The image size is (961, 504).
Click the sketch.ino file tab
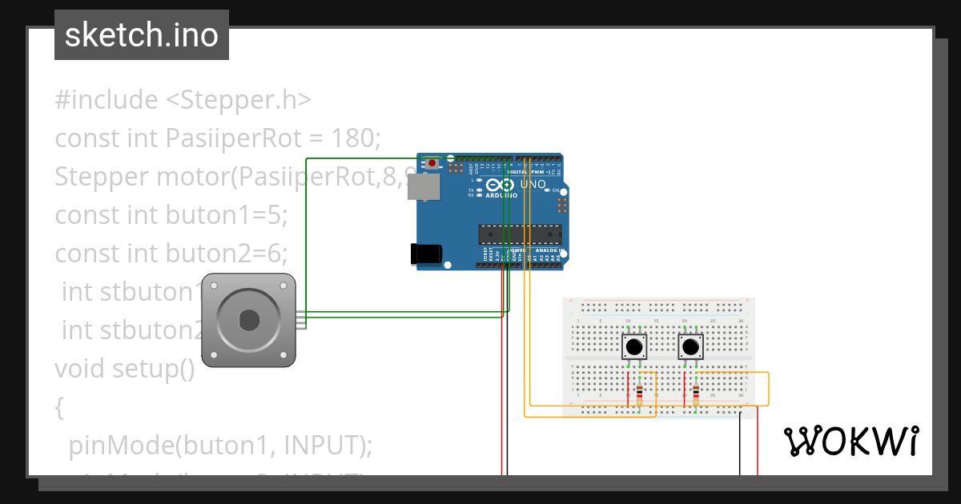click(x=142, y=35)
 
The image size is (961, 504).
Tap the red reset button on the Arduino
click(x=432, y=163)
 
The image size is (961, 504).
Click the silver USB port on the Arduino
click(x=428, y=187)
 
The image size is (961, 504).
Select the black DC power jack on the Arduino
click(x=425, y=254)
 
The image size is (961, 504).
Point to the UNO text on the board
click(x=533, y=185)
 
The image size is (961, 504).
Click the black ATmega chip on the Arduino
click(x=519, y=234)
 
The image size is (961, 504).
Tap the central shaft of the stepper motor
click(x=249, y=320)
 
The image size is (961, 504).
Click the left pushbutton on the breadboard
click(x=634, y=347)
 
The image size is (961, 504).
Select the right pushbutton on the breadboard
click(x=690, y=347)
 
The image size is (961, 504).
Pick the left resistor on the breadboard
click(x=639, y=393)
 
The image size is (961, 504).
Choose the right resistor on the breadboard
click(x=695, y=393)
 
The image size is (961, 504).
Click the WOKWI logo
click(x=850, y=442)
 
